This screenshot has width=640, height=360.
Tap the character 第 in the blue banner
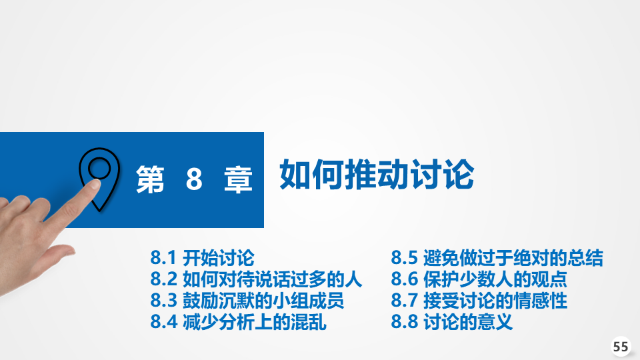point(150,179)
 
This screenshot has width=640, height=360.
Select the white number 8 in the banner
point(194,179)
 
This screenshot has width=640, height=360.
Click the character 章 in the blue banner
point(239,179)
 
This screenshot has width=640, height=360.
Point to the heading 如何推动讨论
point(376,175)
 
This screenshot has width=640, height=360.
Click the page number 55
point(621,347)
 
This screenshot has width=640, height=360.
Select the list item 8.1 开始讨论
point(202,258)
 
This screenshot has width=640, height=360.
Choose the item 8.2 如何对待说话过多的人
point(256,279)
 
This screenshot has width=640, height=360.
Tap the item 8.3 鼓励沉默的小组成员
point(247,301)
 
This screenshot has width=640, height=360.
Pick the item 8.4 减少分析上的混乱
point(238,321)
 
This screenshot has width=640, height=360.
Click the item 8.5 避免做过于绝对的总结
point(497,258)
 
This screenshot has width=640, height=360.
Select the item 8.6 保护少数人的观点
point(479,279)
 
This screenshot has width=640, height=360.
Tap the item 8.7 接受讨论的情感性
point(479,301)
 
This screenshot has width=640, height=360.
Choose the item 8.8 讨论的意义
point(451,321)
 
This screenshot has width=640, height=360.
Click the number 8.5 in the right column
point(404,258)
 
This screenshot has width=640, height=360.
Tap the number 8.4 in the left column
point(164,321)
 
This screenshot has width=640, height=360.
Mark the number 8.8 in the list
point(404,321)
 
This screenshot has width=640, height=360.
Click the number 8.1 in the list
point(163,258)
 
